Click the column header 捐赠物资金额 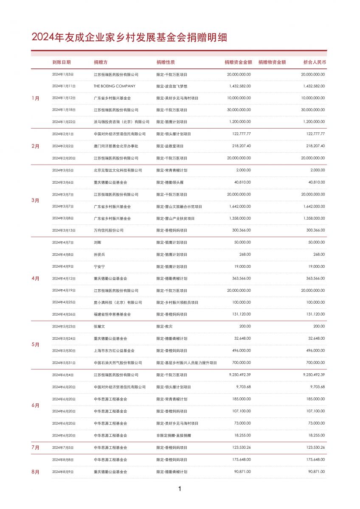(x=272, y=62)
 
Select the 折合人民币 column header (x=315, y=62)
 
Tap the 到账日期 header (x=62, y=62)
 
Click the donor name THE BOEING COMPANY (x=109, y=86)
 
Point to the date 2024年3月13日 (x=63, y=230)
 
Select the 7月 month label (x=36, y=447)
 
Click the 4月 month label (x=36, y=279)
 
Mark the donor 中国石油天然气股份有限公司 (x=118, y=363)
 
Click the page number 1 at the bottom (x=180, y=489)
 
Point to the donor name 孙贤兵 (x=99, y=255)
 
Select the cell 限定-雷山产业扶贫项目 (x=175, y=218)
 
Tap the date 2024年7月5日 (x=62, y=447)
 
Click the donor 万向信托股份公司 (x=109, y=230)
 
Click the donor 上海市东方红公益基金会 (x=114, y=351)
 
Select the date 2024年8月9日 (x=62, y=472)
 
